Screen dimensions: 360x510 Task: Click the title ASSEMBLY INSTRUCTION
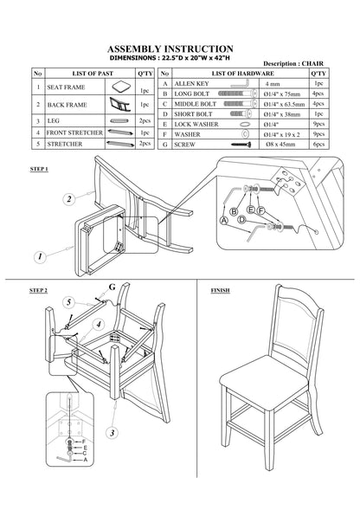click(170, 48)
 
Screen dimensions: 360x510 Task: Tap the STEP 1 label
click(39, 169)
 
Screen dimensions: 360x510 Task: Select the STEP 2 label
click(38, 290)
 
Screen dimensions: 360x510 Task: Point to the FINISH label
click(220, 290)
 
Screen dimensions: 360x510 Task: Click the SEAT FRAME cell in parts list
click(66, 87)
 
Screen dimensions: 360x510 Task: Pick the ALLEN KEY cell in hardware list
click(191, 84)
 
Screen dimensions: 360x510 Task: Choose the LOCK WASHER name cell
click(196, 124)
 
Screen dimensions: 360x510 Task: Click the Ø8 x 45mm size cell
click(280, 144)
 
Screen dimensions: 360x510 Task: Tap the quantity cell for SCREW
click(318, 144)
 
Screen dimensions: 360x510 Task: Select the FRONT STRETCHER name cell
click(74, 132)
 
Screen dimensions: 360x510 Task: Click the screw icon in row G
click(241, 145)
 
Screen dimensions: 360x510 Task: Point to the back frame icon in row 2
click(120, 104)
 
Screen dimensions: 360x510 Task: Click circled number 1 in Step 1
click(40, 257)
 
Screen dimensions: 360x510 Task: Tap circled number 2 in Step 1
click(68, 199)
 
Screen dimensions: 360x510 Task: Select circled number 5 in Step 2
click(68, 302)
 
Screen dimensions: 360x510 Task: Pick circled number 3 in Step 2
click(112, 433)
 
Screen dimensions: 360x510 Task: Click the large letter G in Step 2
click(112, 287)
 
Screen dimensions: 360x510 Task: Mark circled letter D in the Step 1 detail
click(241, 220)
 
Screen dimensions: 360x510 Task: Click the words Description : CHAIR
click(293, 63)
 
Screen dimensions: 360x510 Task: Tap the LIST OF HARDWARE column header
click(242, 74)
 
